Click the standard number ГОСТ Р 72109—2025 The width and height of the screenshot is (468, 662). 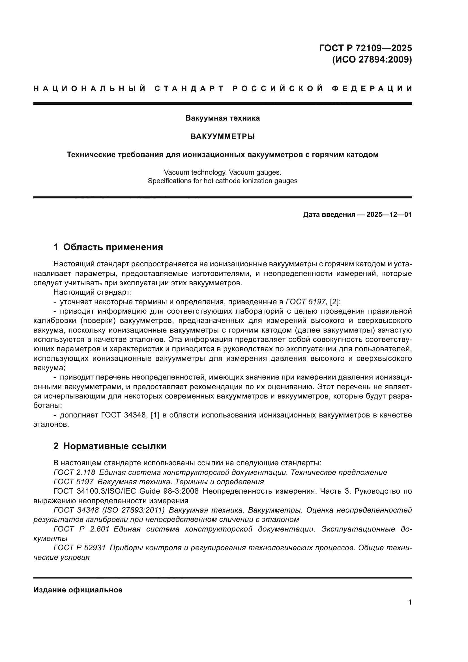(365, 48)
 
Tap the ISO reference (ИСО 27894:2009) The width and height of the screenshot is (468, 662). (372, 59)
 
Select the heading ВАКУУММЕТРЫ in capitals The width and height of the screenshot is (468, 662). (222, 136)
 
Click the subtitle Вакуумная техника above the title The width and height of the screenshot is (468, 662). (222, 118)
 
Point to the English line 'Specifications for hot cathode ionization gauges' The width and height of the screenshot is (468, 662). (222, 181)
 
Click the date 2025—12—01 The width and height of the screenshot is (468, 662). (389, 215)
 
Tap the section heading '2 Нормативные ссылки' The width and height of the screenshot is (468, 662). (110, 446)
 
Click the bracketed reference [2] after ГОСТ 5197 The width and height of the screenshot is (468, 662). (335, 302)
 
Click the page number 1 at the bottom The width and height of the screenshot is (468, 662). (410, 602)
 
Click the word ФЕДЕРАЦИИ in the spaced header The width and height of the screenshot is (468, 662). (372, 89)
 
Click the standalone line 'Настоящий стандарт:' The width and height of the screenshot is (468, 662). (93, 292)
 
